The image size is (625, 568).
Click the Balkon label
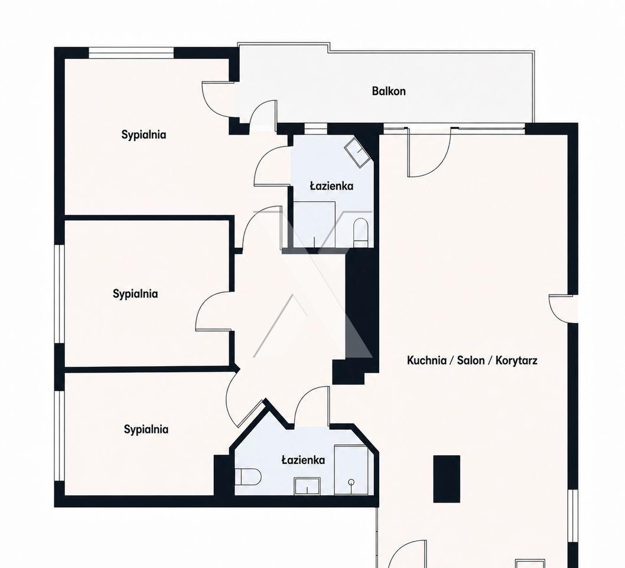click(x=389, y=91)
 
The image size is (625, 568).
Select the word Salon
click(x=470, y=361)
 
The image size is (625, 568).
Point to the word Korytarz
click(x=516, y=361)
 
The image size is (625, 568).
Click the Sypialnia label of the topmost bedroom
click(x=144, y=135)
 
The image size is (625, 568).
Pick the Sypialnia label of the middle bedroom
click(x=135, y=294)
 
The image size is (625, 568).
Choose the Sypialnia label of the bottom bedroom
click(x=146, y=429)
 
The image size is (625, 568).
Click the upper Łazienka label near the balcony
click(x=331, y=186)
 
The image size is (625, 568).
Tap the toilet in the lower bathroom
click(x=248, y=476)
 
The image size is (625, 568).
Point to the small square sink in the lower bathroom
click(x=307, y=486)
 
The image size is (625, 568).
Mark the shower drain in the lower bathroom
click(x=351, y=482)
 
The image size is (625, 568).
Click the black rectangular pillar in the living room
click(x=447, y=479)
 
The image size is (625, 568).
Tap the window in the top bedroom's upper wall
click(x=131, y=53)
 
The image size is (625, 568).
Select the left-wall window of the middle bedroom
click(x=60, y=293)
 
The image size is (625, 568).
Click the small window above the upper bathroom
click(x=315, y=129)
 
